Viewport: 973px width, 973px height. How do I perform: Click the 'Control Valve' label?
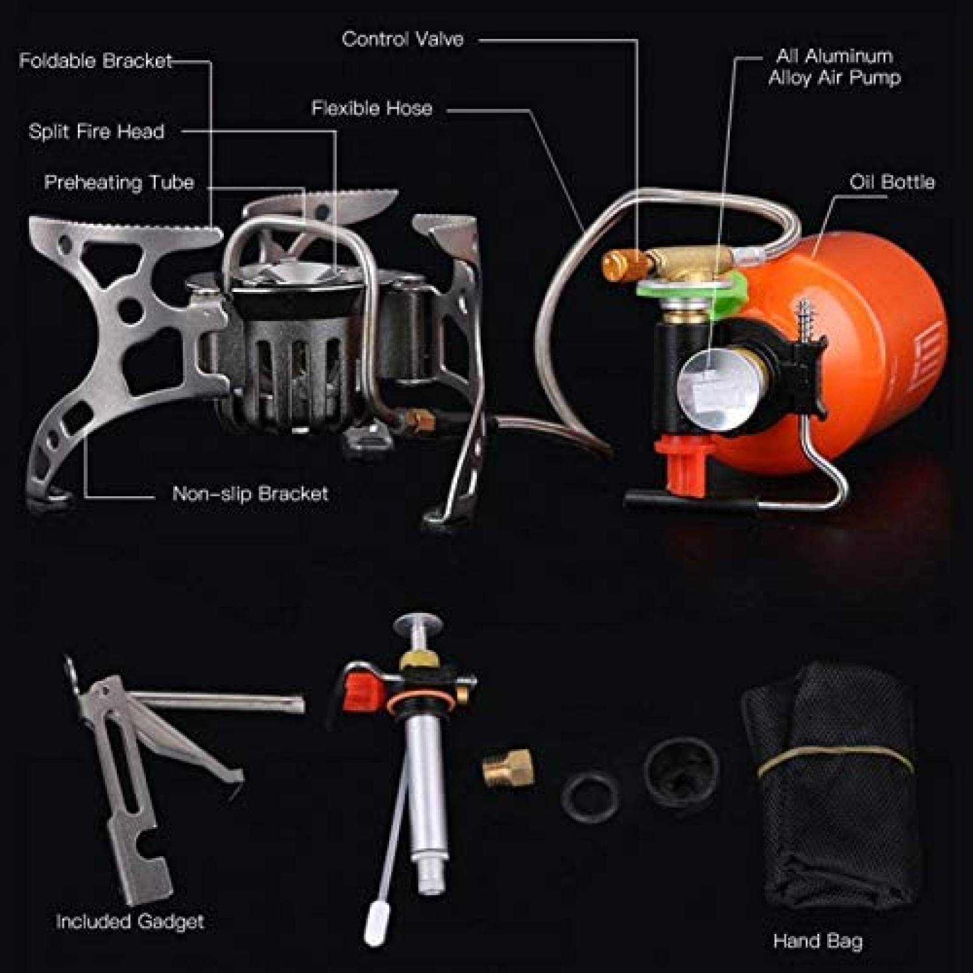(403, 40)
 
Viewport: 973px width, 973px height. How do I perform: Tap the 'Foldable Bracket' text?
(95, 61)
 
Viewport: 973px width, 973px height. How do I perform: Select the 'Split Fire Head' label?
(97, 131)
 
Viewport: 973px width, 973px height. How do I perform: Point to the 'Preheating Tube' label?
(119, 182)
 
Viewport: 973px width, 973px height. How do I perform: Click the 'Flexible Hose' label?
(372, 108)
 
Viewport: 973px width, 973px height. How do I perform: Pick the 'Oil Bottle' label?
(892, 182)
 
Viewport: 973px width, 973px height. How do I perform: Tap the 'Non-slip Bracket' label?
(250, 493)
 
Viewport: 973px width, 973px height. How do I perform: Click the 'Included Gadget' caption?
(130, 921)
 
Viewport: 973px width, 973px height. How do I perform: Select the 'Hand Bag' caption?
(817, 941)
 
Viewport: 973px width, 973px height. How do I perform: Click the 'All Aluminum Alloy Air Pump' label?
(834, 67)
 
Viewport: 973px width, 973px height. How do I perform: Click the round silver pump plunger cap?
(419, 625)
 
